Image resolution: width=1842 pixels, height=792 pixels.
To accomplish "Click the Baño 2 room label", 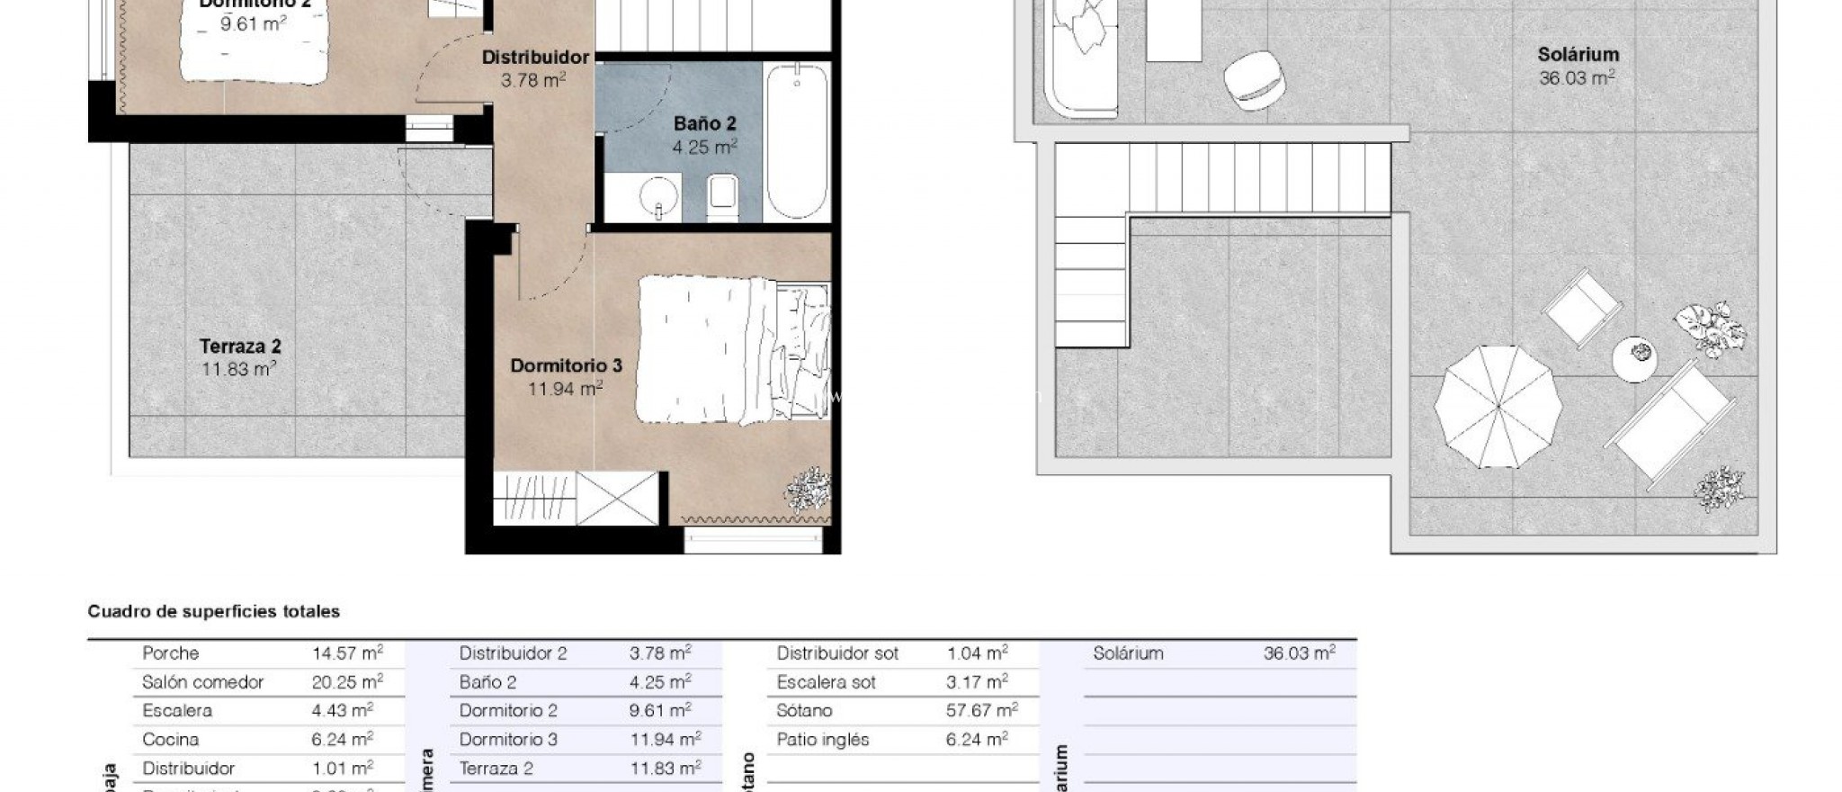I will [x=704, y=124].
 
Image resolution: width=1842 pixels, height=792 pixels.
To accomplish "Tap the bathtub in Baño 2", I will [x=797, y=141].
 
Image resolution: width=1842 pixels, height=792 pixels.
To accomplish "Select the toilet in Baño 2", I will [x=723, y=197].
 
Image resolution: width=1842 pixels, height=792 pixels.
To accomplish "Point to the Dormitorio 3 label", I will [x=566, y=366].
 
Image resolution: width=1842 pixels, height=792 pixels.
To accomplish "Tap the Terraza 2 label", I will [x=240, y=346].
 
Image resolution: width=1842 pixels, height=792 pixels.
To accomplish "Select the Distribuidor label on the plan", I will [x=535, y=58].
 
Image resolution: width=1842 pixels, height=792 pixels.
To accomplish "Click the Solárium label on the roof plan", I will [x=1578, y=55].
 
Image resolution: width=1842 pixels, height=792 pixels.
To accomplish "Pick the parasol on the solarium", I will [x=1498, y=407].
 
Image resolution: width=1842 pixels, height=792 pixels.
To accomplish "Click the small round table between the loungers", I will [x=1634, y=358].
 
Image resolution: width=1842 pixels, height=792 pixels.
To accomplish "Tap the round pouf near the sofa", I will [x=1255, y=79].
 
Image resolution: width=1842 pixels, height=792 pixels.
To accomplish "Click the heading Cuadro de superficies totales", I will [x=213, y=612].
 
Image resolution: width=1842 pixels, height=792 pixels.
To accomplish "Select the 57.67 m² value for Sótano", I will [x=981, y=711].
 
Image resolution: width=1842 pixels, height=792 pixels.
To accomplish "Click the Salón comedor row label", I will [x=202, y=682].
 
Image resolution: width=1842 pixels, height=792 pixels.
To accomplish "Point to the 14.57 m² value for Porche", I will [x=347, y=653].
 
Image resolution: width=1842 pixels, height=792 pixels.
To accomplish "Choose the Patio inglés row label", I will [x=822, y=740].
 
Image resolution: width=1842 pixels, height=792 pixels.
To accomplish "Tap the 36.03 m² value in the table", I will [x=1299, y=653].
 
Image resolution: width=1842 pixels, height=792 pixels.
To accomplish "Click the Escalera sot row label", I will [x=826, y=682].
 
